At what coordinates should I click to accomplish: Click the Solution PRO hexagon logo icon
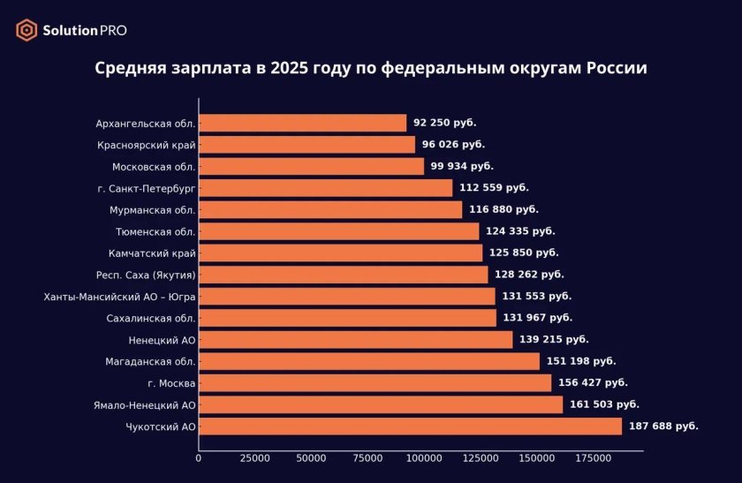coord(26,30)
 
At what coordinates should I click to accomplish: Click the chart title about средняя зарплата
coord(371,69)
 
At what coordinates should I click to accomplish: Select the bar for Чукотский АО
coord(410,426)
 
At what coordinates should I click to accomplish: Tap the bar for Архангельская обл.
coord(302,123)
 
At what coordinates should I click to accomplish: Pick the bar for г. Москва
coord(375,383)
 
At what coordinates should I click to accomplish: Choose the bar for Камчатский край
coord(340,253)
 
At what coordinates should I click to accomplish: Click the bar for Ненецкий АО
coord(355,340)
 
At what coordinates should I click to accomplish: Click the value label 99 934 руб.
coord(462,166)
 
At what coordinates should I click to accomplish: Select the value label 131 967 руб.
coord(538,318)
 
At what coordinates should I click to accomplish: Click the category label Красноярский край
coord(147,145)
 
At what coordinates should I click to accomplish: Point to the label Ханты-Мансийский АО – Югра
coord(119,297)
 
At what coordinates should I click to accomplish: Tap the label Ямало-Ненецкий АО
coord(145,405)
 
